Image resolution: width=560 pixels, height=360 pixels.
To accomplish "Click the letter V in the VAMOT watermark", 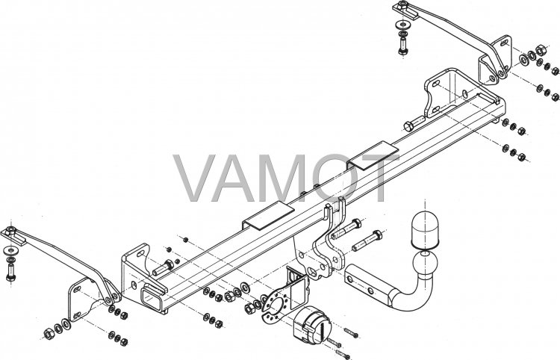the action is coord(195,178).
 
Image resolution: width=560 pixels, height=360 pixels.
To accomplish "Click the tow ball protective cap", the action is coord(425,229).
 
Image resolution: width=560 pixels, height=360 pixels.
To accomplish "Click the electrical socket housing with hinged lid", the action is coord(311,326).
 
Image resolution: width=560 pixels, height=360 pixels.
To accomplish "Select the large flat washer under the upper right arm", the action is coord(403,25).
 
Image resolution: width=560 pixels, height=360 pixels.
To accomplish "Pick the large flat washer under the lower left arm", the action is coord(10,249).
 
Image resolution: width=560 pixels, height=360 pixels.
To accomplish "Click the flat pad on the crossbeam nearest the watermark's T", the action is coord(373,155).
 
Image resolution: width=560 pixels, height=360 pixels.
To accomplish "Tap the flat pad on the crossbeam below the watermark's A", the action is coord(269,215).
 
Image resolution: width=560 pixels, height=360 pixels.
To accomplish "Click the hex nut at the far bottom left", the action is coord(49,333).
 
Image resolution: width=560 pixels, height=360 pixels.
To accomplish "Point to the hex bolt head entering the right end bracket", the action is coord(409,126).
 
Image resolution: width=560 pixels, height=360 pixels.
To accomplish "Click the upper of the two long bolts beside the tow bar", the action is coord(346,229).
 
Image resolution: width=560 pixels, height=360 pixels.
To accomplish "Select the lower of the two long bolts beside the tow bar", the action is coord(367,240).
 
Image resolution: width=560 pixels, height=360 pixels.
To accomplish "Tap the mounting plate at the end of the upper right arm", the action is coord(495,60).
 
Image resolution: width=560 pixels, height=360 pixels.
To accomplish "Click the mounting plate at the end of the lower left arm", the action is coord(83,300).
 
